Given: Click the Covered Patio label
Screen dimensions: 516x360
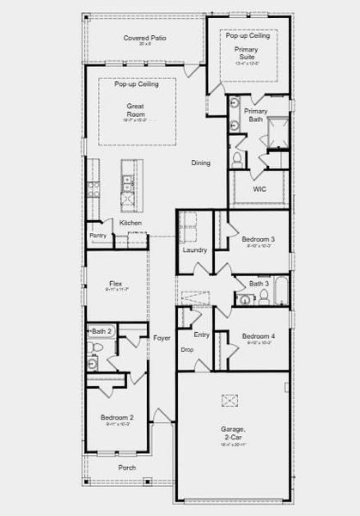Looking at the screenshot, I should (144, 39).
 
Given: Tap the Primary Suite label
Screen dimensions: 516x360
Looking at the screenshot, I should (247, 54).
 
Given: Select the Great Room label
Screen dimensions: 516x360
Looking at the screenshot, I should (136, 109).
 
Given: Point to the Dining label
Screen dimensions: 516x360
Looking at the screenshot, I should (200, 163).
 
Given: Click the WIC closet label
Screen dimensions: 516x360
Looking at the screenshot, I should (259, 189).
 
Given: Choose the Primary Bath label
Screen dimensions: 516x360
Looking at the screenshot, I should (255, 116).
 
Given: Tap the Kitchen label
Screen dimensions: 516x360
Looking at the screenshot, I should (131, 223).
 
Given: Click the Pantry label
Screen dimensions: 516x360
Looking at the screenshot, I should (98, 235).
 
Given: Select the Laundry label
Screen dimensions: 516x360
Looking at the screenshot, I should (195, 250).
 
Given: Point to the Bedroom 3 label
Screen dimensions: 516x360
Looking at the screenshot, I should (258, 239).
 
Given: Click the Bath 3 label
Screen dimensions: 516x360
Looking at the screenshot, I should (259, 283).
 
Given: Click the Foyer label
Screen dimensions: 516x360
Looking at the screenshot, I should (162, 338).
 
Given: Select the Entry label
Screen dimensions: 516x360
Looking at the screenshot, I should (201, 335).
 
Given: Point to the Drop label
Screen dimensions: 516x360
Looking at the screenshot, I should (187, 350).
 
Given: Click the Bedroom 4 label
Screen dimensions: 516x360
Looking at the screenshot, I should (258, 336).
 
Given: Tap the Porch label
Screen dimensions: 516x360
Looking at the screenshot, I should (127, 467).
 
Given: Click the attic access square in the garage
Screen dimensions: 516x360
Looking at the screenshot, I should (230, 399).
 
